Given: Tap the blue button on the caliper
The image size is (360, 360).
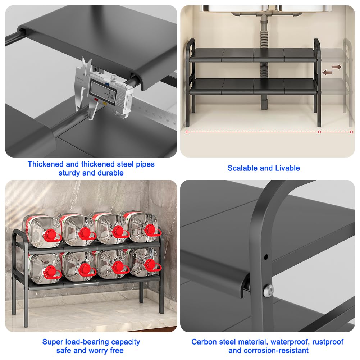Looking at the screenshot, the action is [106, 84].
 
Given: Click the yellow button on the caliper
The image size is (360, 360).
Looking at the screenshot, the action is [105, 103].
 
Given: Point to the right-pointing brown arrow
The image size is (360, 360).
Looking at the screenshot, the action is [337, 67].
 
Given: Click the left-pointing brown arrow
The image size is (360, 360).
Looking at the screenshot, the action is [327, 73].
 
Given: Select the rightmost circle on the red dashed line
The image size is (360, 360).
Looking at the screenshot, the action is [351, 132].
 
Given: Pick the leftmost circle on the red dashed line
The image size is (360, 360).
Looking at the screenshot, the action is [187, 132].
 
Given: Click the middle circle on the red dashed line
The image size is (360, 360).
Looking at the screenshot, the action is [319, 132].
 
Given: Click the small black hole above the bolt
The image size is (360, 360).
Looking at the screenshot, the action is [266, 257].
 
